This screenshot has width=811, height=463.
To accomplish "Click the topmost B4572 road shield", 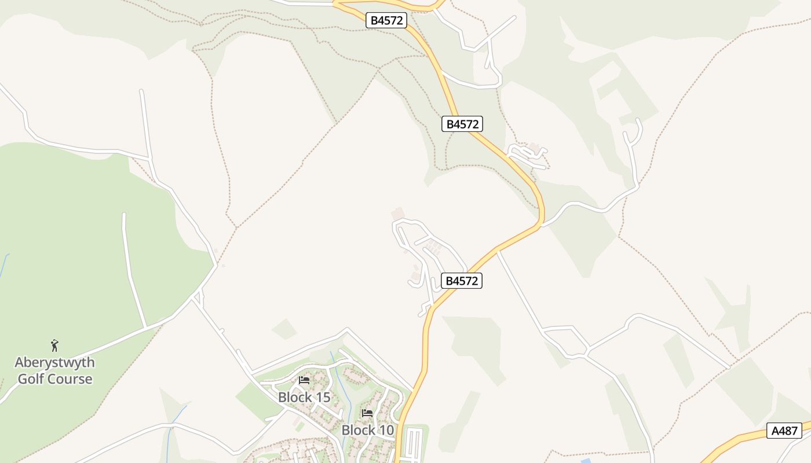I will pyautogui.click(x=386, y=20).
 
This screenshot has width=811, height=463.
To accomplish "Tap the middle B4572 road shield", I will pyautogui.click(x=462, y=124).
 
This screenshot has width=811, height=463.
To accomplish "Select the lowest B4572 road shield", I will pyautogui.click(x=462, y=281).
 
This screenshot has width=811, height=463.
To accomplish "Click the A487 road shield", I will pyautogui.click(x=784, y=431).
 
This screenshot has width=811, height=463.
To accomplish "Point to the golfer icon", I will pyautogui.click(x=54, y=346).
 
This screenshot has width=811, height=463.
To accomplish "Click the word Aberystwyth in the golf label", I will pyautogui.click(x=54, y=363).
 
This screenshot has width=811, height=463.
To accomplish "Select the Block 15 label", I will pyautogui.click(x=304, y=398).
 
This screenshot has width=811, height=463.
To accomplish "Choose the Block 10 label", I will pyautogui.click(x=367, y=431).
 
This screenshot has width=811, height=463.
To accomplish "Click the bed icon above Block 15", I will pyautogui.click(x=304, y=380).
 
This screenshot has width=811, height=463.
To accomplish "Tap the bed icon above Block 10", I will pyautogui.click(x=367, y=413).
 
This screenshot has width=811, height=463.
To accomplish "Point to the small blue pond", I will pyautogui.click(x=586, y=461).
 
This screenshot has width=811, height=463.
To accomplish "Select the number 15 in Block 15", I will pyautogui.click(x=322, y=398).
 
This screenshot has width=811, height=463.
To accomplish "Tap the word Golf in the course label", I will pyautogui.click(x=30, y=379).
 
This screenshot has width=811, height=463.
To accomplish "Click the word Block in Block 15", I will pyautogui.click(x=294, y=398).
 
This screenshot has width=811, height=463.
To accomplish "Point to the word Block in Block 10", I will pyautogui.click(x=357, y=431).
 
